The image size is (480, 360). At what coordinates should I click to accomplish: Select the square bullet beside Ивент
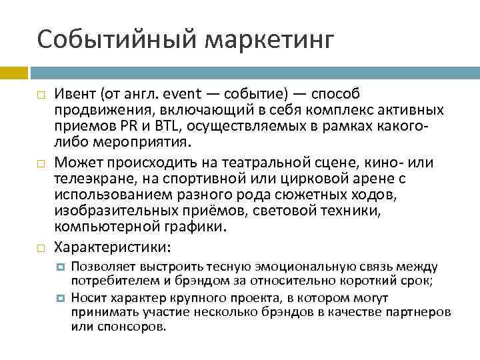point(40,95)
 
